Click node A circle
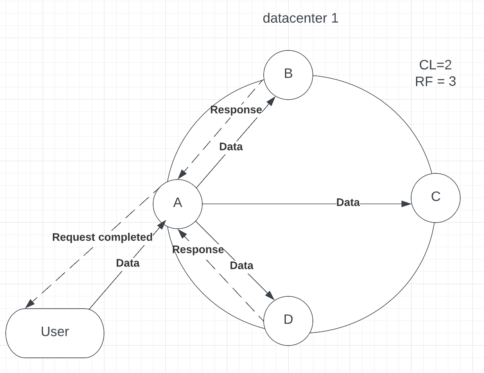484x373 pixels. pyautogui.click(x=178, y=204)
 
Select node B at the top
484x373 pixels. pyautogui.click(x=288, y=75)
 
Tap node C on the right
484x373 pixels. pyautogui.click(x=436, y=198)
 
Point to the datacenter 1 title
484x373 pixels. pyautogui.click(x=301, y=18)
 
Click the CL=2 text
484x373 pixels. pyautogui.click(x=435, y=65)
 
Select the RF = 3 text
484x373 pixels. pyautogui.click(x=435, y=82)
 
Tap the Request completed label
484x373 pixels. pyautogui.click(x=102, y=237)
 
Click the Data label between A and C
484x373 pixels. pyautogui.click(x=348, y=202)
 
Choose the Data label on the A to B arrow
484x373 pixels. pyautogui.click(x=231, y=147)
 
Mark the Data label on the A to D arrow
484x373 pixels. pyautogui.click(x=242, y=266)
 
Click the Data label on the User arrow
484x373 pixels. pyautogui.click(x=128, y=263)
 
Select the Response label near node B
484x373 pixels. pyautogui.click(x=236, y=110)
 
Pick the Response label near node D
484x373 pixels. pyautogui.click(x=198, y=250)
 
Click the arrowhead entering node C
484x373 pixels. pyautogui.click(x=407, y=204)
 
